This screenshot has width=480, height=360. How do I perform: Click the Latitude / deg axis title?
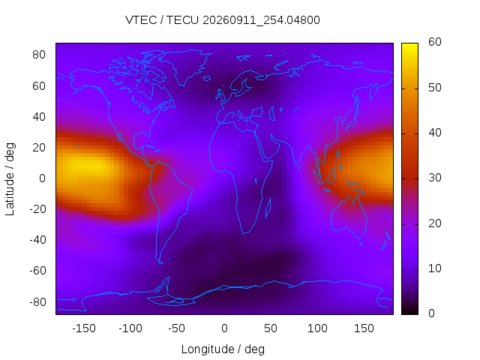click(x=10, y=179)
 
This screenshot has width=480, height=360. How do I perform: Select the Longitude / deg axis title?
click(x=223, y=349)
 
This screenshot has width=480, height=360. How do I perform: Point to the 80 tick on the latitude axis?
click(x=39, y=55)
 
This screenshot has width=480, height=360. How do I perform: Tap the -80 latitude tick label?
click(x=37, y=302)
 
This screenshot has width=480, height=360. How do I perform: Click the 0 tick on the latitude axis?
click(x=42, y=178)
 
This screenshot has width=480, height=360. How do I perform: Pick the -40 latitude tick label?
click(x=37, y=240)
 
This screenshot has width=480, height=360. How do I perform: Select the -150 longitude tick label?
click(x=84, y=328)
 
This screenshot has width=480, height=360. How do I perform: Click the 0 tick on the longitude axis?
click(x=224, y=328)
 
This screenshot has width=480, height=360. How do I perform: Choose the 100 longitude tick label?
click(x=317, y=328)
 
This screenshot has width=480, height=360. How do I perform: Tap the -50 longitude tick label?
click(x=177, y=328)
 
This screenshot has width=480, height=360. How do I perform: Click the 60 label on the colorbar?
click(x=435, y=42)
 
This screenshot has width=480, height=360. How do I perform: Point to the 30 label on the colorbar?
click(x=435, y=178)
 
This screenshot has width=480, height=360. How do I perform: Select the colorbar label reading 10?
click(x=435, y=268)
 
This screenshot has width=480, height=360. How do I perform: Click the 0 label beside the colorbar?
click(x=432, y=313)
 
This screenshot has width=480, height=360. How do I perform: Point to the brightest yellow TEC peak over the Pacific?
click(x=82, y=165)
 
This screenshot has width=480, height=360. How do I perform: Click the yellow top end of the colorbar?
click(x=409, y=45)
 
